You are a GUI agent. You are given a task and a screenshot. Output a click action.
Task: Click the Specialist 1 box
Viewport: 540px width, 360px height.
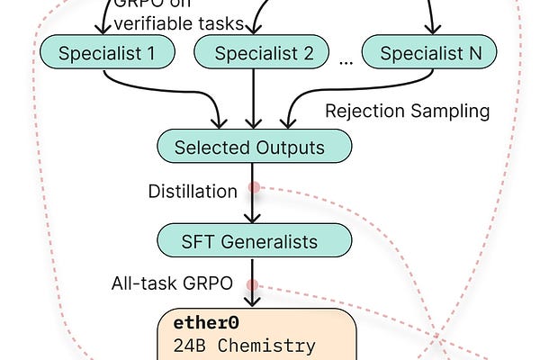pyautogui.click(x=105, y=54)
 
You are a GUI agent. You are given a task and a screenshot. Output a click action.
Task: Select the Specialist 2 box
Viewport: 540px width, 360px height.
pyautogui.click(x=254, y=54)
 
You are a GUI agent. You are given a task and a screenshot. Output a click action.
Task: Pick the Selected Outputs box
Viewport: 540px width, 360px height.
pyautogui.click(x=254, y=147)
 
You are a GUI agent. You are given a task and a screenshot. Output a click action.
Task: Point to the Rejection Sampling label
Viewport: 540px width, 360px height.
pyautogui.click(x=407, y=112)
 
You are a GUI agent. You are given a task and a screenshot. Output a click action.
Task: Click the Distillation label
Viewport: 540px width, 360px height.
pyautogui.click(x=193, y=191)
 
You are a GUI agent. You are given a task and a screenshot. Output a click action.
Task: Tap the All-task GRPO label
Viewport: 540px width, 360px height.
pyautogui.click(x=172, y=283)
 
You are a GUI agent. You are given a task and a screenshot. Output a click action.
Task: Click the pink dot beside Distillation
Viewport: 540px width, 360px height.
pyautogui.click(x=255, y=188)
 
